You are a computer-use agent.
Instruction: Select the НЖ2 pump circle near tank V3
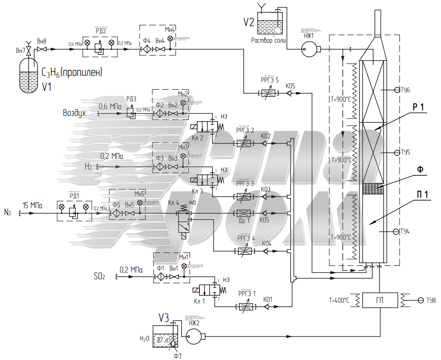194,337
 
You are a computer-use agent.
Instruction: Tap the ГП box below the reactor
380,301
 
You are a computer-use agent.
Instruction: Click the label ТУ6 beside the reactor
405,90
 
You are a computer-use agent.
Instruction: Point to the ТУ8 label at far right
431,301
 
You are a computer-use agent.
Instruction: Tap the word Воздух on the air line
74,113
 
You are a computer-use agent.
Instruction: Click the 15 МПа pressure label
32,206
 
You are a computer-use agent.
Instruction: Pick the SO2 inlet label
99,276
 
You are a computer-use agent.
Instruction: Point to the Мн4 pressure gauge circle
170,39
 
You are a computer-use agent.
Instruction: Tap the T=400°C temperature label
339,301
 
